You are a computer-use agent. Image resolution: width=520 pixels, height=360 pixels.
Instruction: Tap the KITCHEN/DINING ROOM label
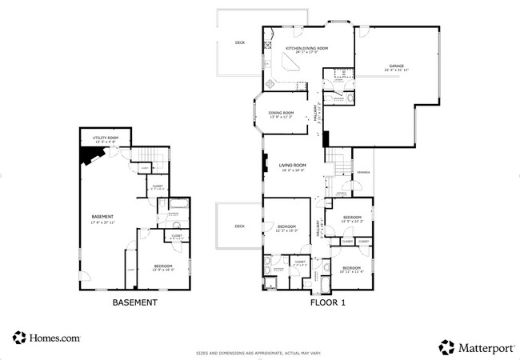point(306,50)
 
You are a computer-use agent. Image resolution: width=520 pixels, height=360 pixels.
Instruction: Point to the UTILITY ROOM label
point(106,138)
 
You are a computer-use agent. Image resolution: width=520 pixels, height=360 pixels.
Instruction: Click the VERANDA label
point(363,172)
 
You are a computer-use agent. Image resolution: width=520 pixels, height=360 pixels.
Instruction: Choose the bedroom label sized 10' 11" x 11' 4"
point(351,269)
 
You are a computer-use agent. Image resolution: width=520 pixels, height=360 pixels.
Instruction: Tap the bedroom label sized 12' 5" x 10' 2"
point(353,218)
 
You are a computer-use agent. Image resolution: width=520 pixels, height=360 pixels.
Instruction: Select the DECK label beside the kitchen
point(240,42)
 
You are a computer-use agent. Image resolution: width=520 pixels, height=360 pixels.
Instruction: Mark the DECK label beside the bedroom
point(239,226)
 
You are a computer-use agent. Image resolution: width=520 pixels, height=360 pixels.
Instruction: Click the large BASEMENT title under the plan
point(134,303)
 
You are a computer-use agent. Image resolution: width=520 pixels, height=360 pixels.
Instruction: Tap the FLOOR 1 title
point(327,303)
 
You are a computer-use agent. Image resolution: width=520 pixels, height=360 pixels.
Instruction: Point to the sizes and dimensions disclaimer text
point(259,353)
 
